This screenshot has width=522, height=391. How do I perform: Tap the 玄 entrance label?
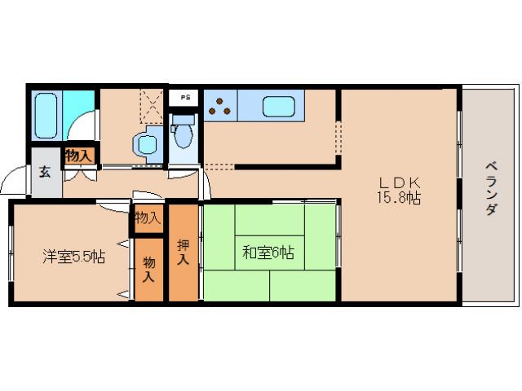point(45,172)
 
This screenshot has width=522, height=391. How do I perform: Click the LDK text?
point(398,182)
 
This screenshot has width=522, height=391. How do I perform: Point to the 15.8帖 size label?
point(398,198)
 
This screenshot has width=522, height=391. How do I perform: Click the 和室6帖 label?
point(267,253)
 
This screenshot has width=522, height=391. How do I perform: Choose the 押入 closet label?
point(184,252)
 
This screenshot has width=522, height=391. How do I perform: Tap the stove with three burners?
point(221,107)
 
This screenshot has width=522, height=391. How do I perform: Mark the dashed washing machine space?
point(151,103)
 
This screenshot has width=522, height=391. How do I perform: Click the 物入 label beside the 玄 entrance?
point(79,155)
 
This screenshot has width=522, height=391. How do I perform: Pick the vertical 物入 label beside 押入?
point(150,268)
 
